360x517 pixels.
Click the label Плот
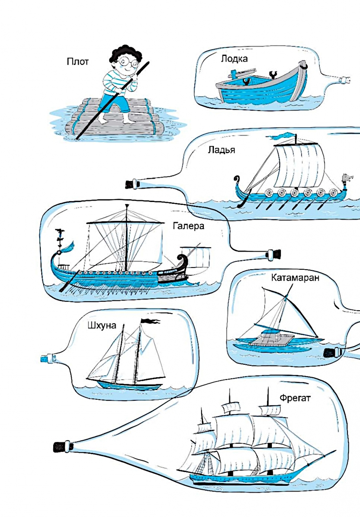click(x=77, y=62)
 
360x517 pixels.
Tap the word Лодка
click(x=234, y=59)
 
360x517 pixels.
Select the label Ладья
click(x=221, y=150)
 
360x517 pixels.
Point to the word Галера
click(x=188, y=226)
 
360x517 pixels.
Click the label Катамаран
click(x=295, y=278)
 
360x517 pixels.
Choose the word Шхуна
click(x=102, y=325)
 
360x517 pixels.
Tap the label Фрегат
click(x=295, y=398)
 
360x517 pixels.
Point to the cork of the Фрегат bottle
click(x=60, y=447)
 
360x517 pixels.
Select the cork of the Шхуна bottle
click(x=45, y=359)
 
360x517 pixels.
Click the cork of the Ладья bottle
click(x=130, y=184)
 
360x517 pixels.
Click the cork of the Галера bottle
click(x=275, y=254)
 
